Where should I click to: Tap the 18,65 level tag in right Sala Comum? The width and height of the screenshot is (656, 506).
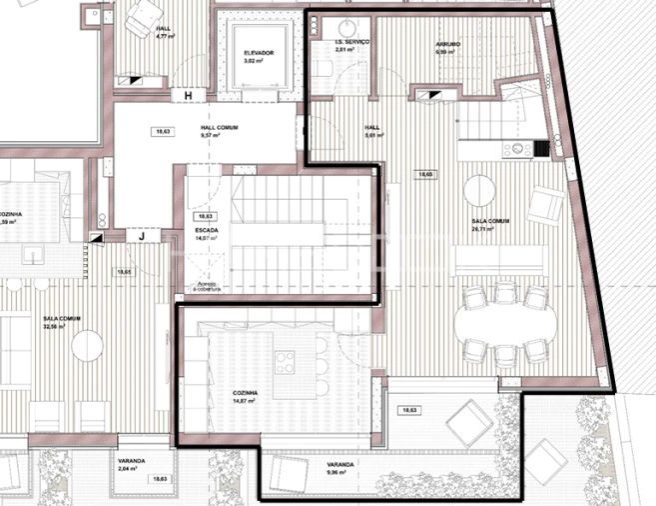426,174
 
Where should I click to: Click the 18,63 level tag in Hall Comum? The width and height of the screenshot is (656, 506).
162,131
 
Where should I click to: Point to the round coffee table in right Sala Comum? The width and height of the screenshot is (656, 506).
479,189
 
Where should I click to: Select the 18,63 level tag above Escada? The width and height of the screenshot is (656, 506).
206,216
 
